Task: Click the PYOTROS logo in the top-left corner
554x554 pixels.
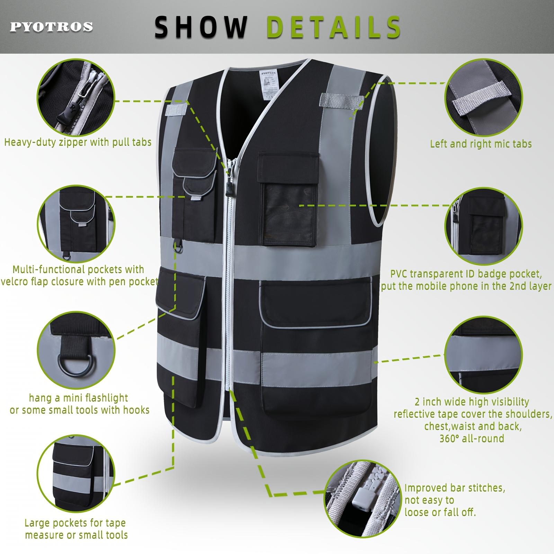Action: tap(52, 27)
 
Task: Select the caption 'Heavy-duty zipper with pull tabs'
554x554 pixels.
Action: tap(78, 142)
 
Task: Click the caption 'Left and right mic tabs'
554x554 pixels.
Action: tap(481, 144)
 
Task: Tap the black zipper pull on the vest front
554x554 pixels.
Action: tap(229, 189)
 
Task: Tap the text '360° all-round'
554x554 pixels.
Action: tap(472, 438)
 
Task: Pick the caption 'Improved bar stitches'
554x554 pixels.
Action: tap(455, 488)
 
